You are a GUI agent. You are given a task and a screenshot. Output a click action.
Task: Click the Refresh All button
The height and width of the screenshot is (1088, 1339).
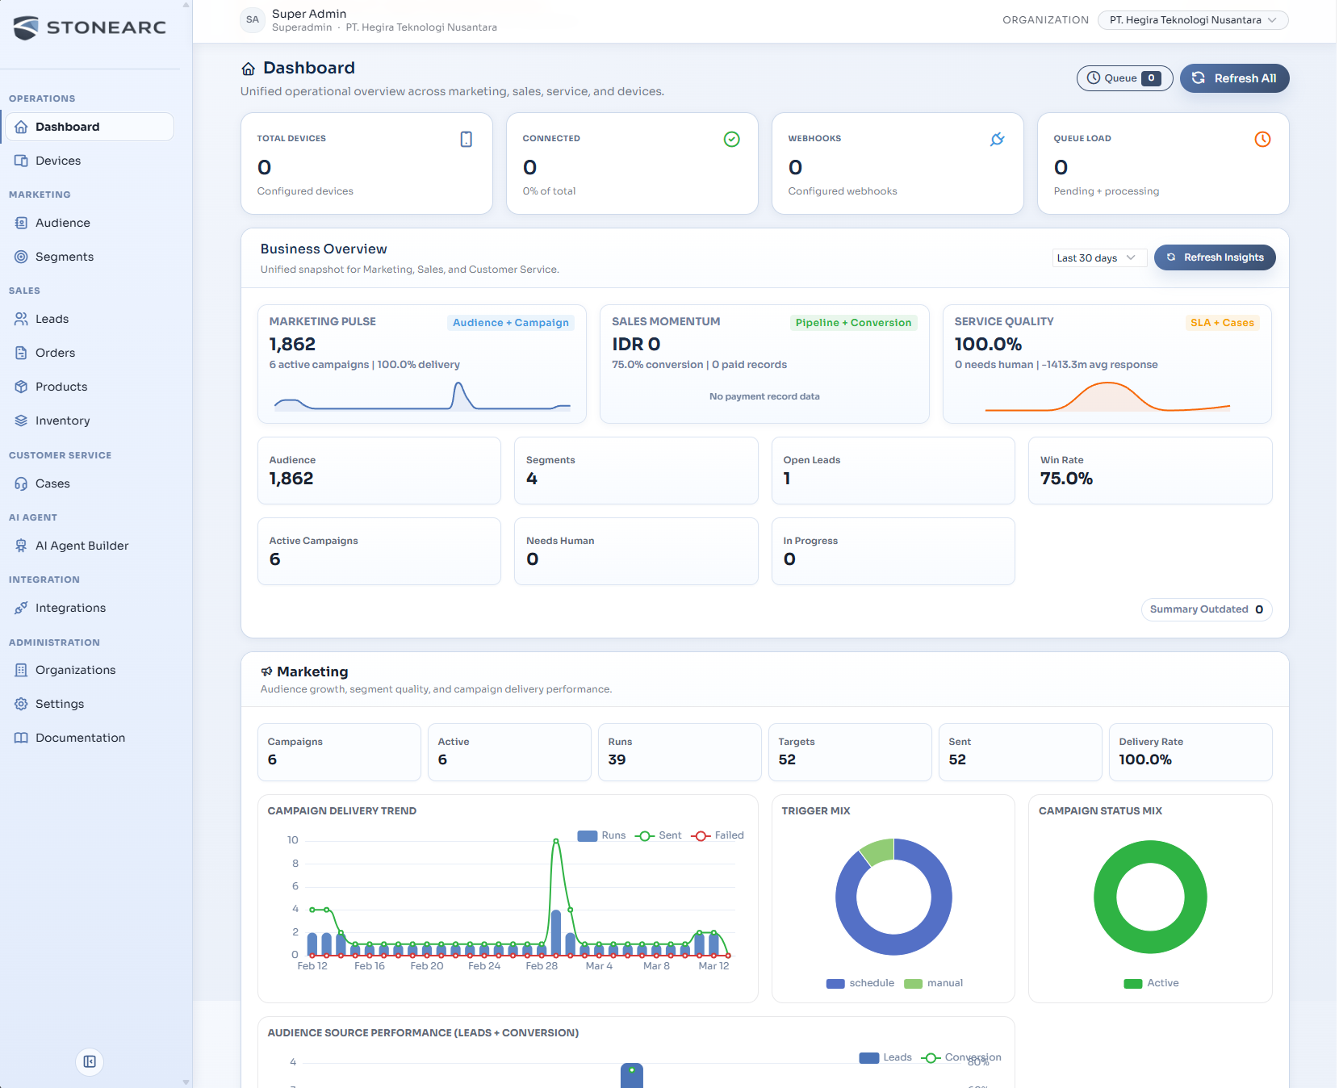pos(1234,78)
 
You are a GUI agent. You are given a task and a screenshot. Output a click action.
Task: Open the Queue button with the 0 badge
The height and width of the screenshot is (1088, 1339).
pos(1124,78)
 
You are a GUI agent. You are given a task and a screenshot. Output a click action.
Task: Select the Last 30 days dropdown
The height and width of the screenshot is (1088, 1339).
pos(1098,257)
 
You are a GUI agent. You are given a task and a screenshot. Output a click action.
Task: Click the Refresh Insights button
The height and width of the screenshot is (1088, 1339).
pos(1215,257)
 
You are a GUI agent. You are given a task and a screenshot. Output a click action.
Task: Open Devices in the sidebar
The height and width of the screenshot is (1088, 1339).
pos(58,161)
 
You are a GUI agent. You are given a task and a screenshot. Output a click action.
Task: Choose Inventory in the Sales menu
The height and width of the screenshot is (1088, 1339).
pos(62,421)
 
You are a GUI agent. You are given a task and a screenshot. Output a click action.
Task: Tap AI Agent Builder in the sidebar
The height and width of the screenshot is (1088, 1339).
pos(82,546)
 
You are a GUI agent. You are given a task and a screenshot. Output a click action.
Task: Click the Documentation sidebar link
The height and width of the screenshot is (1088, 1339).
pos(80,738)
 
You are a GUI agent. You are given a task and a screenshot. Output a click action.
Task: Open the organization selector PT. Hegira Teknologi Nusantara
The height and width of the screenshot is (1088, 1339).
pos(1192,20)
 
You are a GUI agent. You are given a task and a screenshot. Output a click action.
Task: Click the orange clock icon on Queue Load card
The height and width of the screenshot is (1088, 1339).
pos(1262,139)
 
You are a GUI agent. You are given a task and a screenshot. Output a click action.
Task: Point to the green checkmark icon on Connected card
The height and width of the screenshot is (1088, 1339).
pos(731,139)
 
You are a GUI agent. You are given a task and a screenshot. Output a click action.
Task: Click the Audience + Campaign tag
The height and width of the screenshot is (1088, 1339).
pos(510,323)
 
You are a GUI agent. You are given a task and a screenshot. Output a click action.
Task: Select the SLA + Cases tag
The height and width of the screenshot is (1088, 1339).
pos(1221,323)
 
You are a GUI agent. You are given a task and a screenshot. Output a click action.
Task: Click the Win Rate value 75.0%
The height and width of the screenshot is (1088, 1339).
pos(1065,479)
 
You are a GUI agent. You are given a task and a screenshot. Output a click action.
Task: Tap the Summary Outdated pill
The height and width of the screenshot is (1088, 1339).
pos(1206,609)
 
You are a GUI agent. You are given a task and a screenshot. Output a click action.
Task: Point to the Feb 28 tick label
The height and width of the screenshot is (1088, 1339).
pos(541,966)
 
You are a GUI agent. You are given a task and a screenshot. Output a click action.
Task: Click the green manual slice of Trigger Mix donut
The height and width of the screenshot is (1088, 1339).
pos(878,850)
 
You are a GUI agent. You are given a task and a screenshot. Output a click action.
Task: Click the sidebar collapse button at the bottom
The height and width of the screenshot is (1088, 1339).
pos(90,1061)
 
